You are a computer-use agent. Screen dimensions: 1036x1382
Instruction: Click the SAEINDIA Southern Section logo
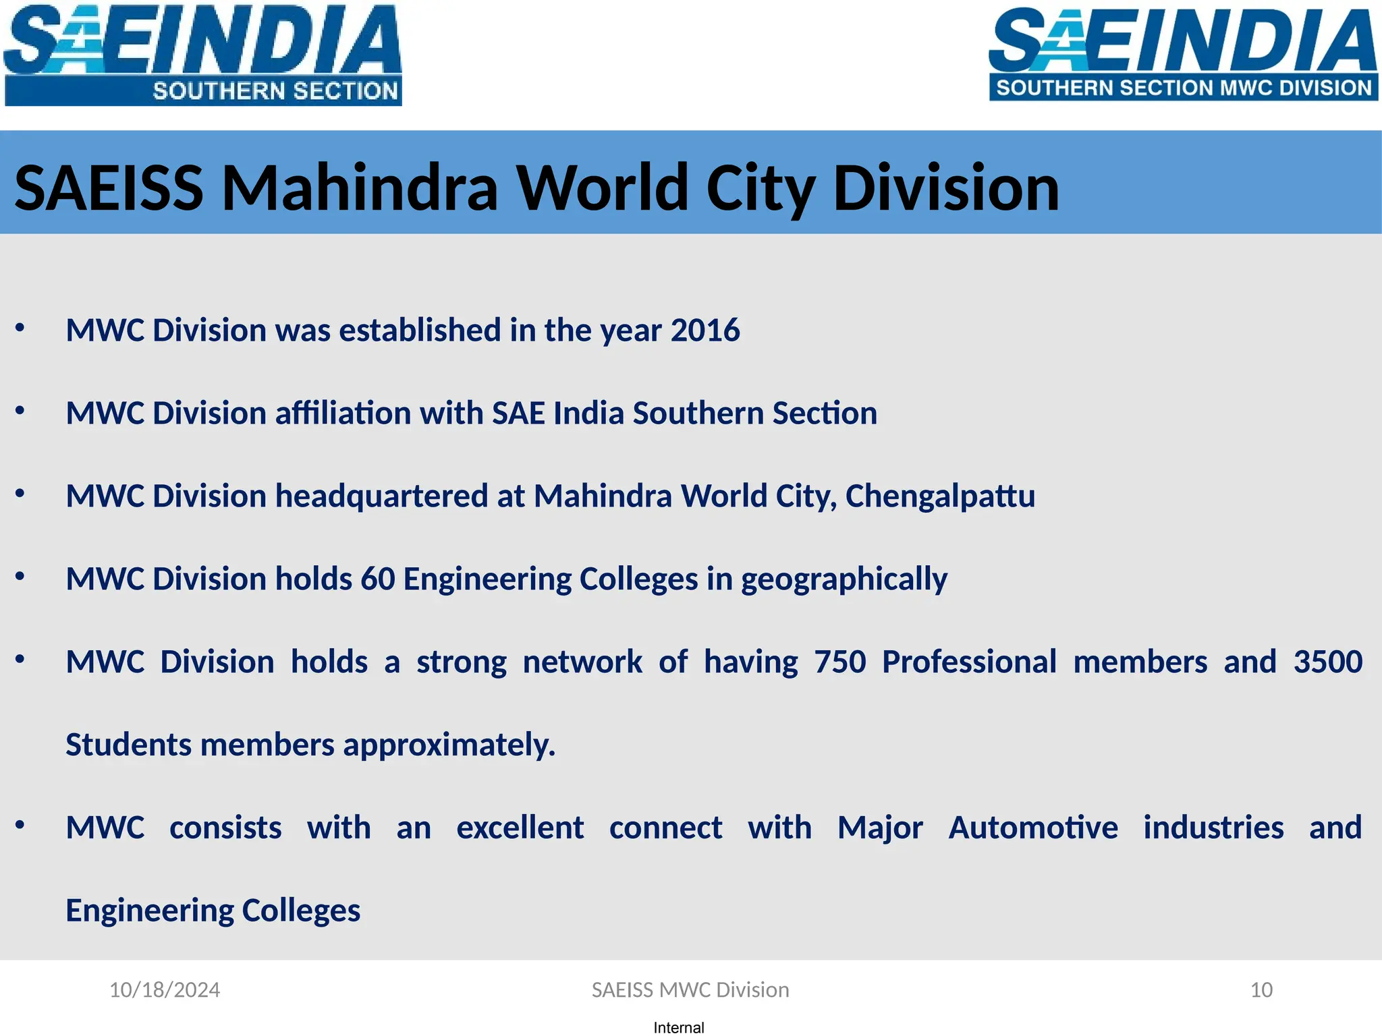click(x=202, y=54)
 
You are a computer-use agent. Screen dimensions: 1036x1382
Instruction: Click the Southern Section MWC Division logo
click(x=1182, y=54)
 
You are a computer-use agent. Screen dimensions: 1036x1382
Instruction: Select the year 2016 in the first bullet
click(x=705, y=330)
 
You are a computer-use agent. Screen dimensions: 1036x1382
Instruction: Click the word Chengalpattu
click(x=940, y=496)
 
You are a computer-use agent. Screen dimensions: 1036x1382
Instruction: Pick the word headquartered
click(x=381, y=496)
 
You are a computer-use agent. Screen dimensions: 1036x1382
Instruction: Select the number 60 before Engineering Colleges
click(x=378, y=579)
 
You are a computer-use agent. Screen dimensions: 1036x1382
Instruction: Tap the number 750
click(x=839, y=662)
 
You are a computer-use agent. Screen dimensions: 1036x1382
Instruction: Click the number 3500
click(x=1327, y=662)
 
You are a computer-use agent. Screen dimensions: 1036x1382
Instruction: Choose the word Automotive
click(x=1033, y=828)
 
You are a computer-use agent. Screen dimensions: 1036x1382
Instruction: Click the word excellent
click(x=520, y=828)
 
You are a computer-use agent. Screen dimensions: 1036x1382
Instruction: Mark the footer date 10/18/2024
click(x=165, y=989)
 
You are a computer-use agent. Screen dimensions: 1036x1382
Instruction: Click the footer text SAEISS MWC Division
click(x=690, y=989)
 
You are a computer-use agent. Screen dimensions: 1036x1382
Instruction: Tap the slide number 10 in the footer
click(x=1261, y=989)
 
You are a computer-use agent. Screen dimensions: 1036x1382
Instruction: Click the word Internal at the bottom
click(x=679, y=1027)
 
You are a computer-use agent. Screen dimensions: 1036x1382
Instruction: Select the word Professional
click(x=969, y=662)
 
